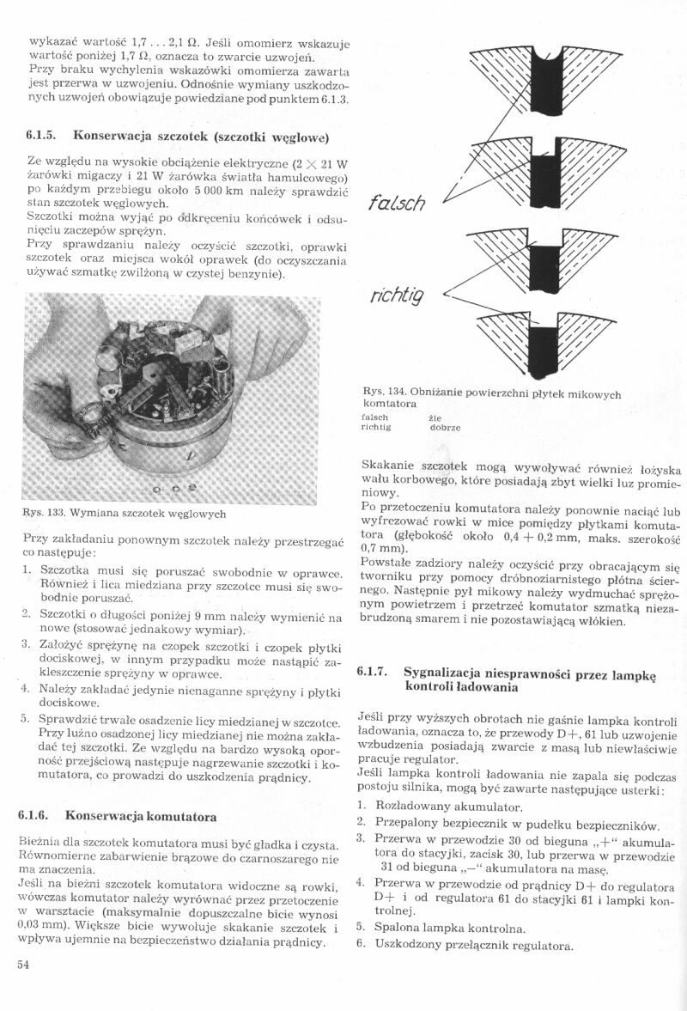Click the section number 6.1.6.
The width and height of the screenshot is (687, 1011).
coord(36,814)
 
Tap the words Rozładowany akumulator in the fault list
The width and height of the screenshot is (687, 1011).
coord(448,808)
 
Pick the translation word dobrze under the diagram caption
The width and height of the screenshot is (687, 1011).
coord(445,427)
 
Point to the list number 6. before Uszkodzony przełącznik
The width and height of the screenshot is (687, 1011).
coord(361,946)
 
